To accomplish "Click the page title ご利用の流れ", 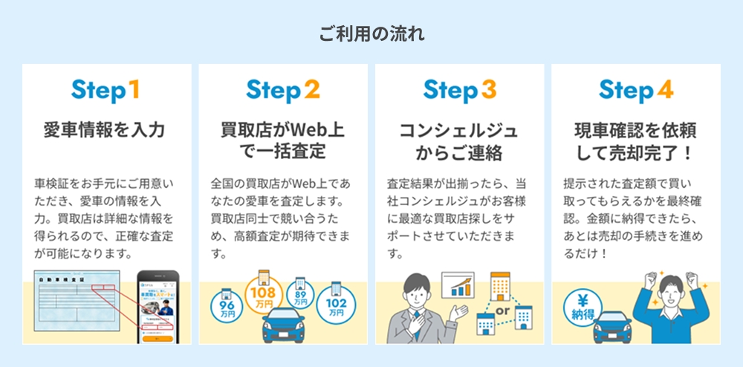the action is (371, 34).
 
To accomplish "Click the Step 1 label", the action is (106, 90).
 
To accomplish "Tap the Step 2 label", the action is (282, 90).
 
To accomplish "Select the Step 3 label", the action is (459, 90).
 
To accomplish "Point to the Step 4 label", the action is (636, 90).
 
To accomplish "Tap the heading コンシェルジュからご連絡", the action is (459, 142).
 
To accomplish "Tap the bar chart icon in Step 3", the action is (458, 285).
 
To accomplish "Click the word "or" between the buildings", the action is (502, 309).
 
